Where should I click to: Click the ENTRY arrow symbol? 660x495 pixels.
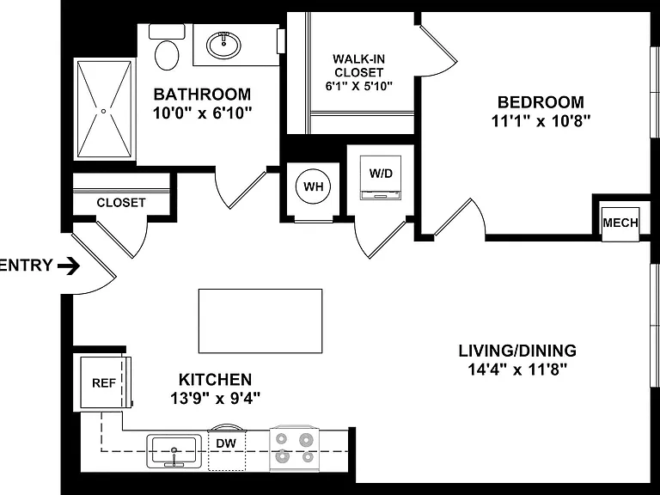[69, 266]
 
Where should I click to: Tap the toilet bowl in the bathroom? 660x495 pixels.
[167, 55]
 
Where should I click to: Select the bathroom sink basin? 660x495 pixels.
[223, 44]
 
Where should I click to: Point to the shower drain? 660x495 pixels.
[103, 111]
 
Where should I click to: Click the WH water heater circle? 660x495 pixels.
[313, 186]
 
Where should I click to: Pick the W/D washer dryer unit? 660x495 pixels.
[381, 177]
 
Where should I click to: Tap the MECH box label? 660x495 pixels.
[620, 223]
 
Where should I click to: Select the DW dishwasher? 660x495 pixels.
[227, 447]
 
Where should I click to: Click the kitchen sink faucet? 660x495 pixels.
[174, 457]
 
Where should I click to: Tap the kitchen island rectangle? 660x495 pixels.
[260, 321]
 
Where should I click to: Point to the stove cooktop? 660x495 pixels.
[294, 449]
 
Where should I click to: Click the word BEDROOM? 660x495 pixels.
[541, 102]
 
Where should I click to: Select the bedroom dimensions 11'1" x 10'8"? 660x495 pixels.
[541, 121]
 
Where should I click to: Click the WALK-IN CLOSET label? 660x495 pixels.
[358, 65]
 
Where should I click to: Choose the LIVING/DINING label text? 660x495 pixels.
[517, 351]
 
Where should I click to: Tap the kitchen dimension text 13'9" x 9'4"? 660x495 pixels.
[215, 398]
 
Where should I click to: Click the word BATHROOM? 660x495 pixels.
[202, 94]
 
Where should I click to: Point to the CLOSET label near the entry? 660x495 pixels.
[121, 203]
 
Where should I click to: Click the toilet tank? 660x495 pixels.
[167, 32]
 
